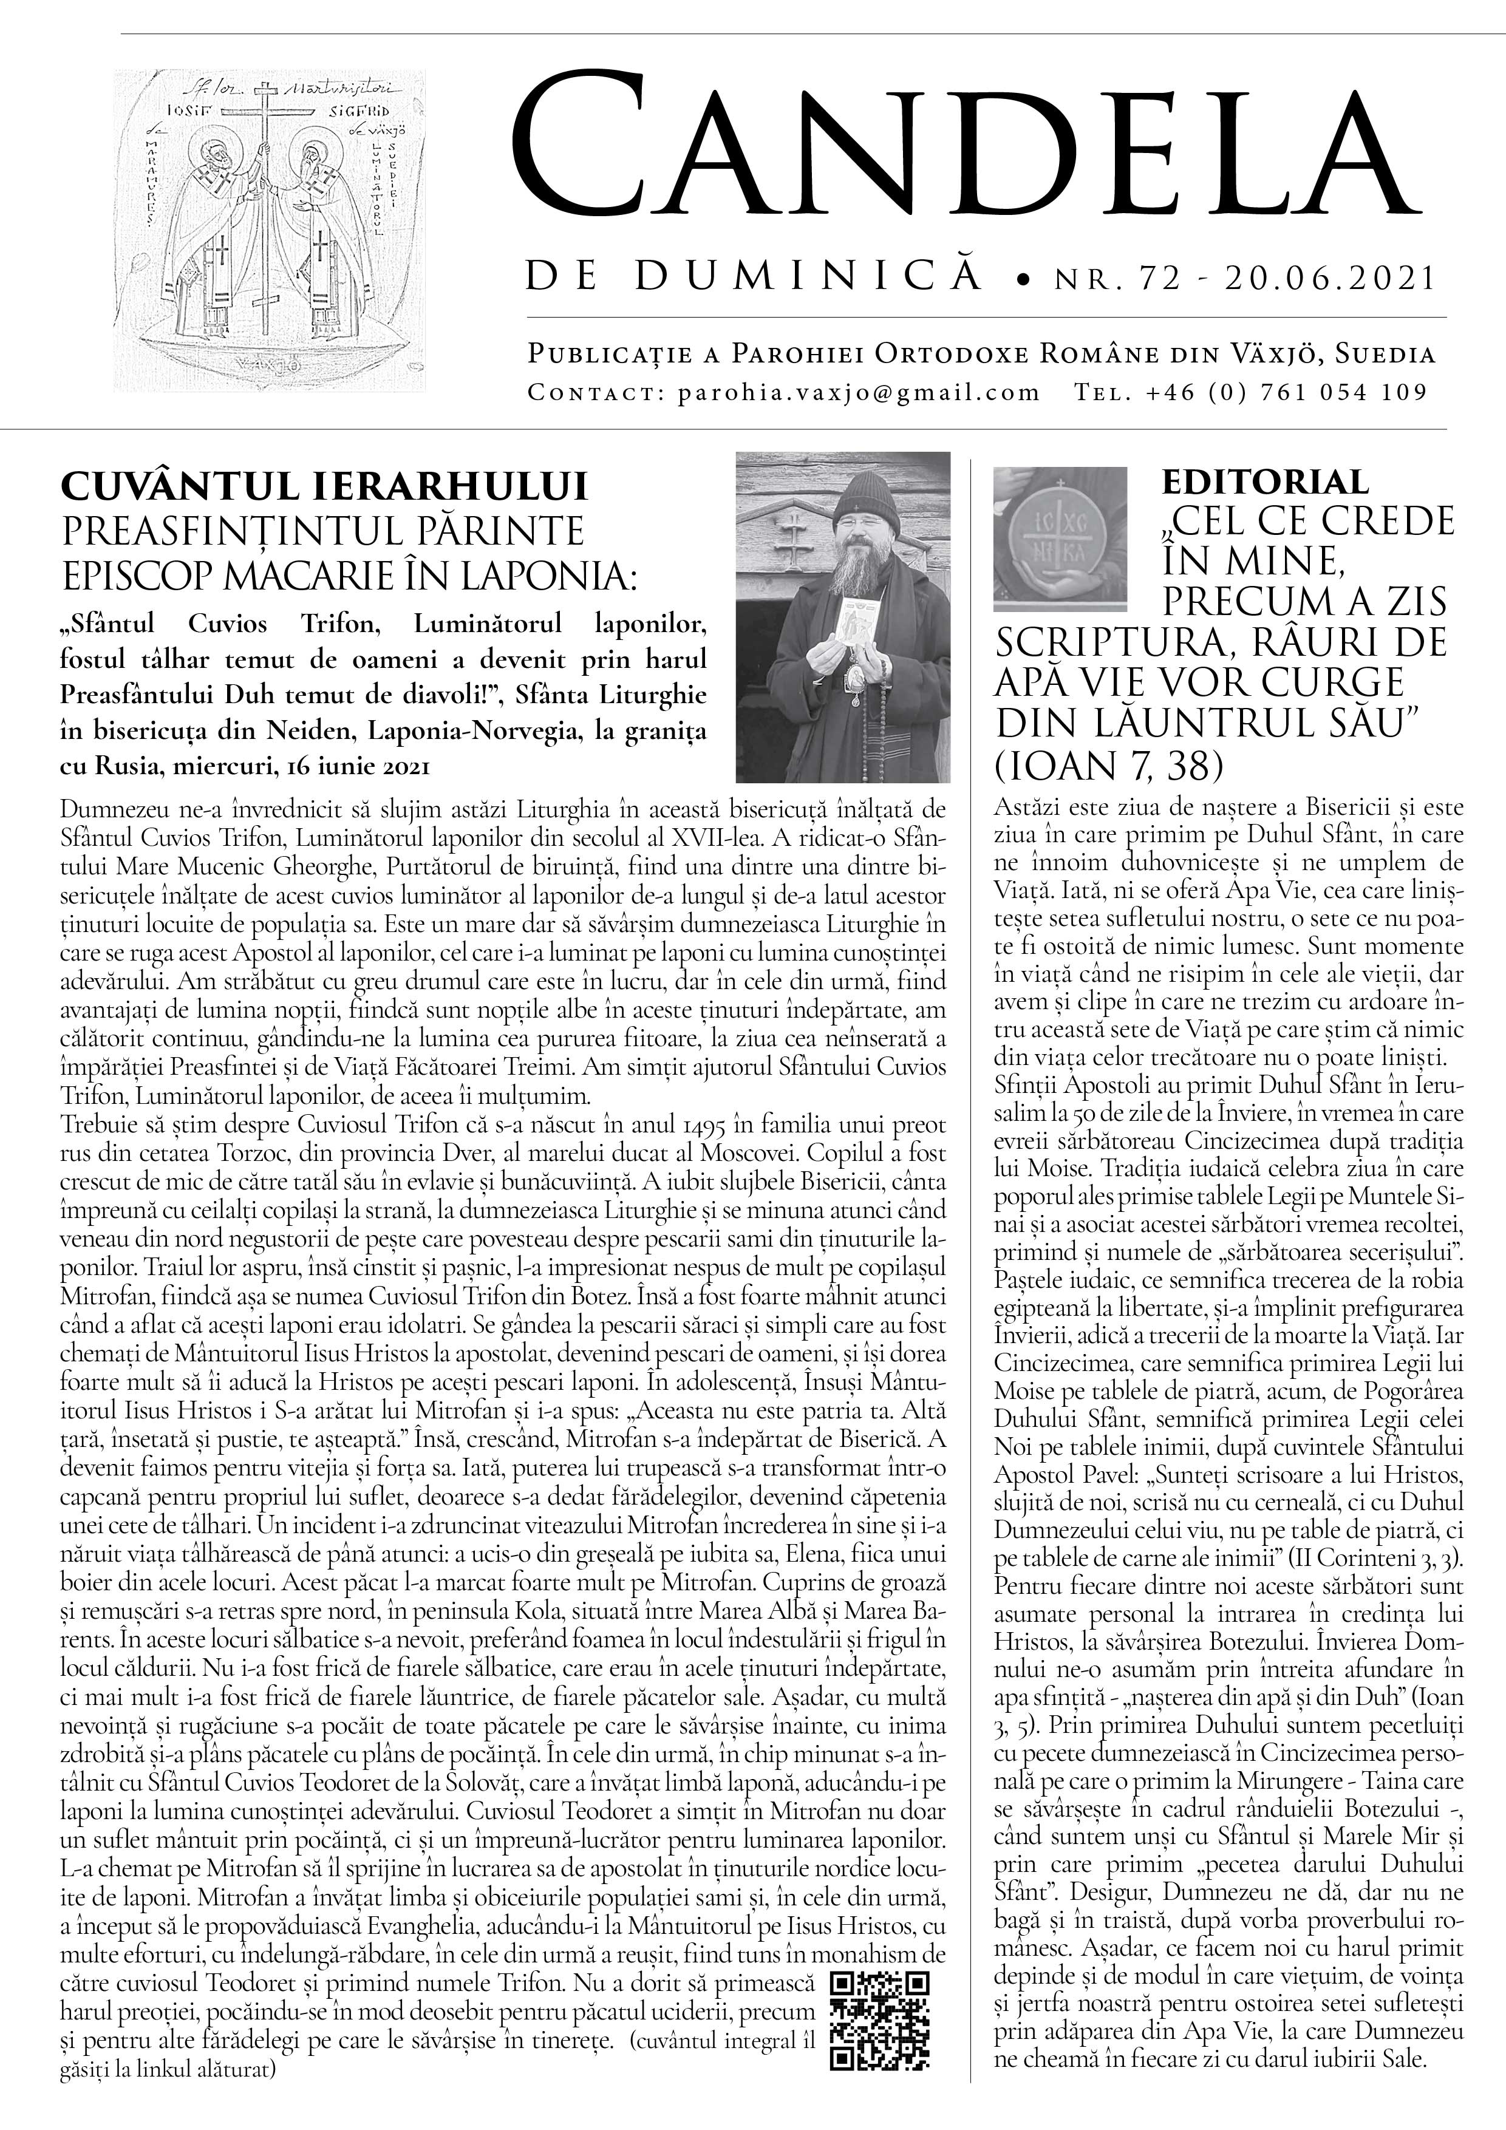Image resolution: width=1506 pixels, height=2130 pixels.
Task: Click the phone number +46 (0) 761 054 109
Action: [1286, 392]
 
